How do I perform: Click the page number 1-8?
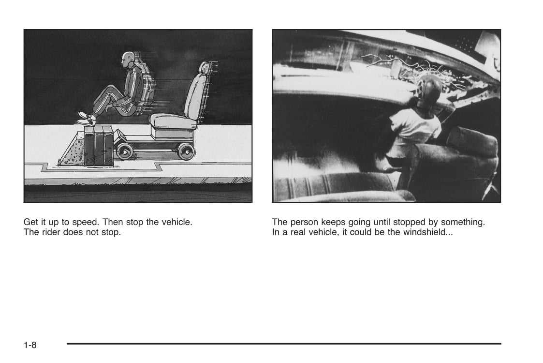pyautogui.click(x=30, y=345)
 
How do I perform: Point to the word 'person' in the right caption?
pyautogui.click(x=305, y=222)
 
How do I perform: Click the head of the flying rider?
pyautogui.click(x=127, y=60)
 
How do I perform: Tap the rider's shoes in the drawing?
pyautogui.click(x=87, y=119)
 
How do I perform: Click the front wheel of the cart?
pyautogui.click(x=124, y=151)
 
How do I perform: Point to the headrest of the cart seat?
pyautogui.click(x=205, y=68)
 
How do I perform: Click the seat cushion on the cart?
pyautogui.click(x=172, y=121)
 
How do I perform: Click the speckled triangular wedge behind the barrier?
pyautogui.click(x=72, y=152)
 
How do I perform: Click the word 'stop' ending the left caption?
pyautogui.click(x=111, y=232)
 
